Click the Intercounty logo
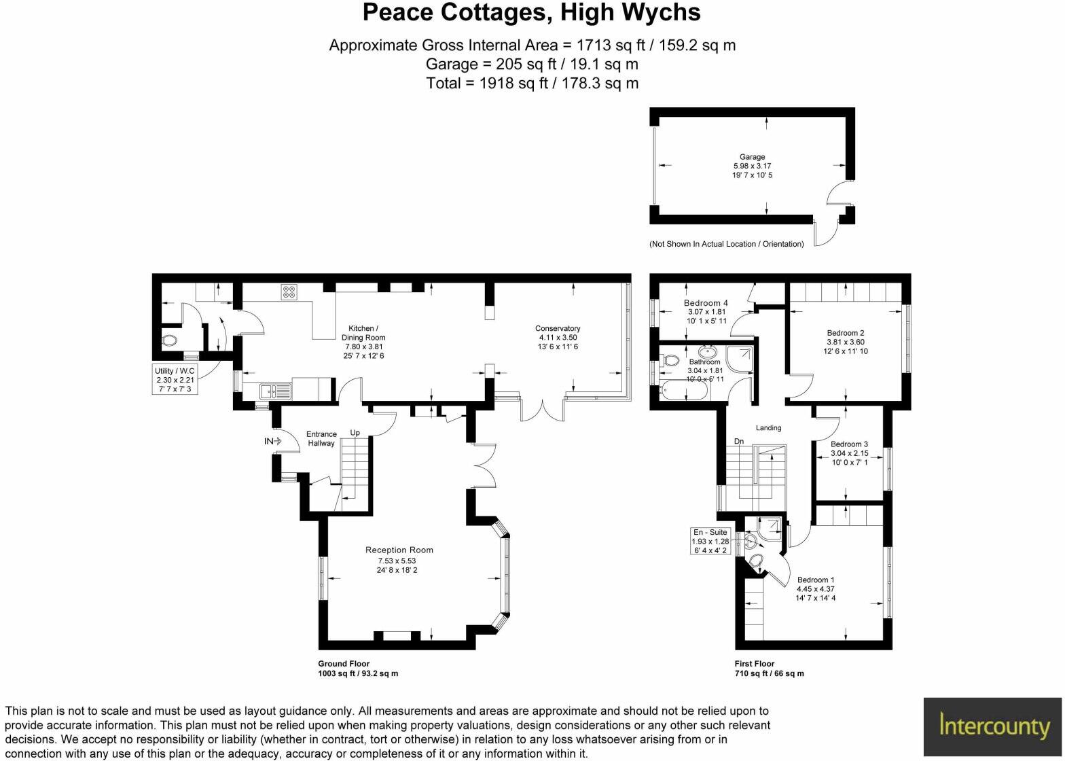(x=993, y=726)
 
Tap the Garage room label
(x=752, y=157)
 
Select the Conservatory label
(x=558, y=329)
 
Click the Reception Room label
(x=399, y=550)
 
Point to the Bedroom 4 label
(x=706, y=303)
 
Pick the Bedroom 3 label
(x=849, y=444)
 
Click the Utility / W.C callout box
(x=175, y=380)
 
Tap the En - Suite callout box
(x=710, y=541)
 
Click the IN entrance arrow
(x=273, y=442)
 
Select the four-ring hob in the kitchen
(x=289, y=292)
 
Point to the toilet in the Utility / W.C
(x=169, y=340)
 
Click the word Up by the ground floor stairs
(x=355, y=433)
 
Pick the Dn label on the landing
(x=739, y=442)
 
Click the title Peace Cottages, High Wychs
(x=532, y=13)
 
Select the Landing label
(x=768, y=428)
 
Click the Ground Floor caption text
(x=344, y=664)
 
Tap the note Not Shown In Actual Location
(x=726, y=244)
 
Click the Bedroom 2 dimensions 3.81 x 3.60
(x=846, y=342)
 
